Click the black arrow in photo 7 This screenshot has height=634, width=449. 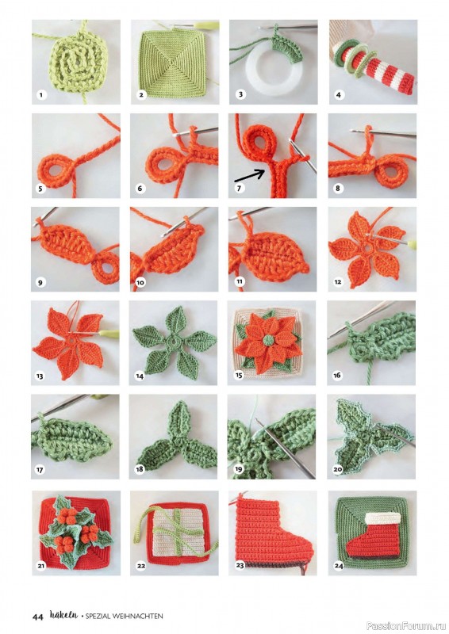[x=249, y=176]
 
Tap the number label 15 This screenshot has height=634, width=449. [x=239, y=376]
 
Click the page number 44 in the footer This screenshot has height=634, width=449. [x=37, y=617]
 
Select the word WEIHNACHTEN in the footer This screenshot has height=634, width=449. [x=138, y=617]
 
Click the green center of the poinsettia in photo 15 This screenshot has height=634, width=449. [x=267, y=340]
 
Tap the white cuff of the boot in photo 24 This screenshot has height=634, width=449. [x=383, y=518]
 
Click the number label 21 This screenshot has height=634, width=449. [x=41, y=566]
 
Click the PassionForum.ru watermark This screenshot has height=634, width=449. [x=406, y=626]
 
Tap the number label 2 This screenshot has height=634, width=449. [x=141, y=95]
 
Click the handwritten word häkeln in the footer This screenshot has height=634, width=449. [x=63, y=615]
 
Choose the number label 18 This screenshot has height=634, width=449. [x=140, y=469]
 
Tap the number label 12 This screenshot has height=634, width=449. [x=338, y=282]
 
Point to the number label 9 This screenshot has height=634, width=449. [x=40, y=282]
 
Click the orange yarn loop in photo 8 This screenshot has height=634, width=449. [x=390, y=173]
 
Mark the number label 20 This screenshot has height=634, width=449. [x=338, y=469]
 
